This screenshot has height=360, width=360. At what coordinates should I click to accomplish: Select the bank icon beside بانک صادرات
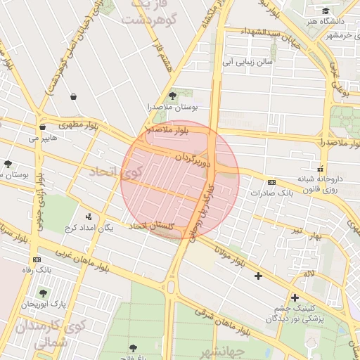(x=272, y=182)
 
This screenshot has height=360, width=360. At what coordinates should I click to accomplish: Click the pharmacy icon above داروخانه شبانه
(x=321, y=169)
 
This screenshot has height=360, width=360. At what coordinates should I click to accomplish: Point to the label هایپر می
(x=43, y=139)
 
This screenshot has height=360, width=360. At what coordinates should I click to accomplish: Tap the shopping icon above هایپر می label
(x=43, y=127)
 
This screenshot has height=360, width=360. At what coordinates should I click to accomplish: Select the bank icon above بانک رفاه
(x=37, y=259)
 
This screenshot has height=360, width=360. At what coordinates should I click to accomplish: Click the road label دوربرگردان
(x=193, y=156)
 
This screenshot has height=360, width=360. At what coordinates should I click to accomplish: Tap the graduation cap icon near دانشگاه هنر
(x=325, y=11)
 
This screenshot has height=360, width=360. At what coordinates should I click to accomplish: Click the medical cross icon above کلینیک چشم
(x=295, y=297)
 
